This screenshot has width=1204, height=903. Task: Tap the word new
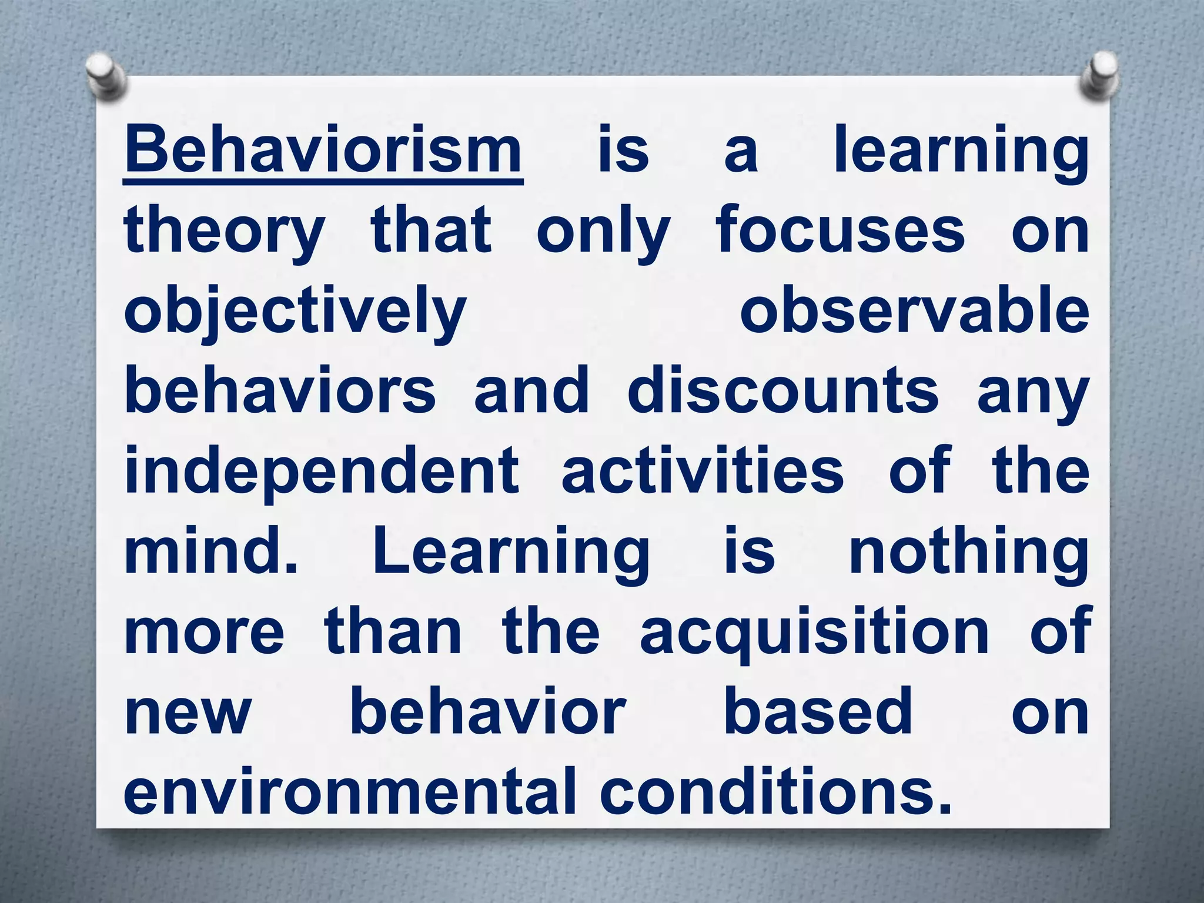pos(188,714)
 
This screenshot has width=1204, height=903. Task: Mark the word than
pos(393,633)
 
